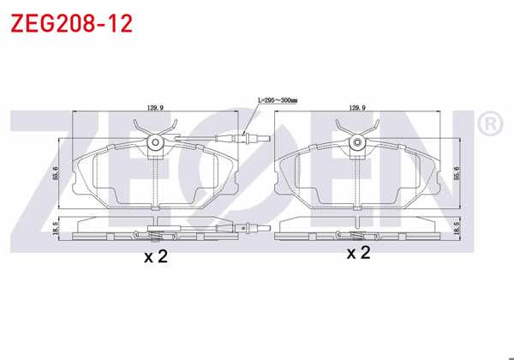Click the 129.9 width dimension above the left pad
[155, 108]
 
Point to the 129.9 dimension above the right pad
[356, 108]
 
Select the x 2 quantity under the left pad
[155, 256]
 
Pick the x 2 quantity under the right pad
[357, 253]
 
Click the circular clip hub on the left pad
[155, 144]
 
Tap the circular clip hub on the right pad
[358, 144]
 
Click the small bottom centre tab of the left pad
[155, 207]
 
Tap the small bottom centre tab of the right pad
[358, 207]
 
